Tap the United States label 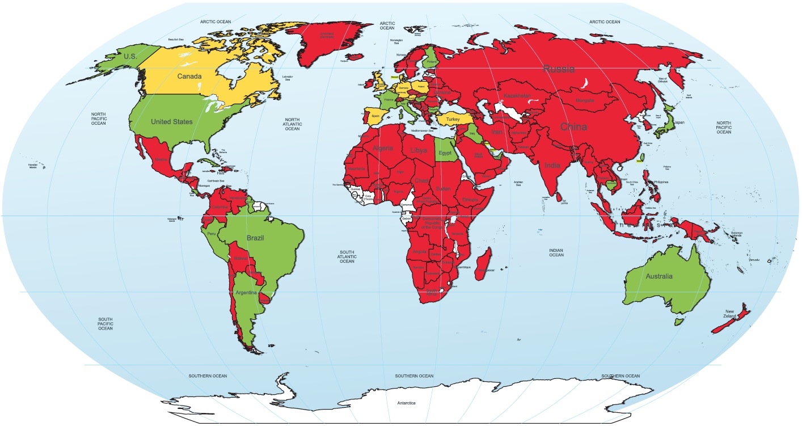(171, 121)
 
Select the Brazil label (255, 238)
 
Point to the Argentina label (246, 292)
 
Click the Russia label (559, 69)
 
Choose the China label (573, 127)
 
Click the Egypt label (445, 153)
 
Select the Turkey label (453, 120)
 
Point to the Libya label (418, 150)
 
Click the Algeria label (382, 148)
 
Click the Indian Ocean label (556, 252)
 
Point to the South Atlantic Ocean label (347, 256)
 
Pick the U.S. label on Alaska (130, 57)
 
